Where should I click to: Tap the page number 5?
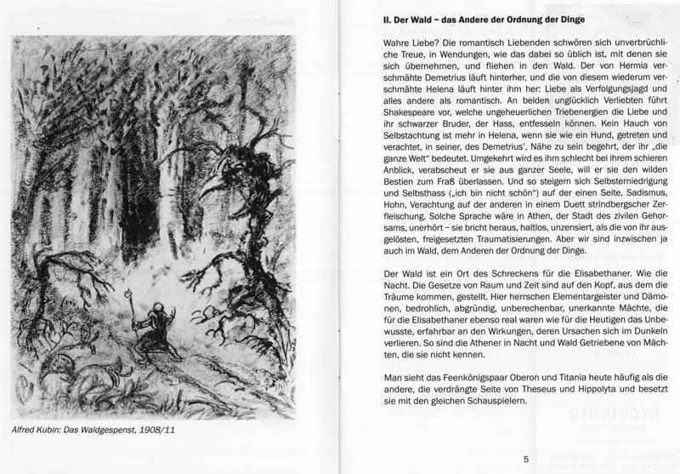pos(526,460)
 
